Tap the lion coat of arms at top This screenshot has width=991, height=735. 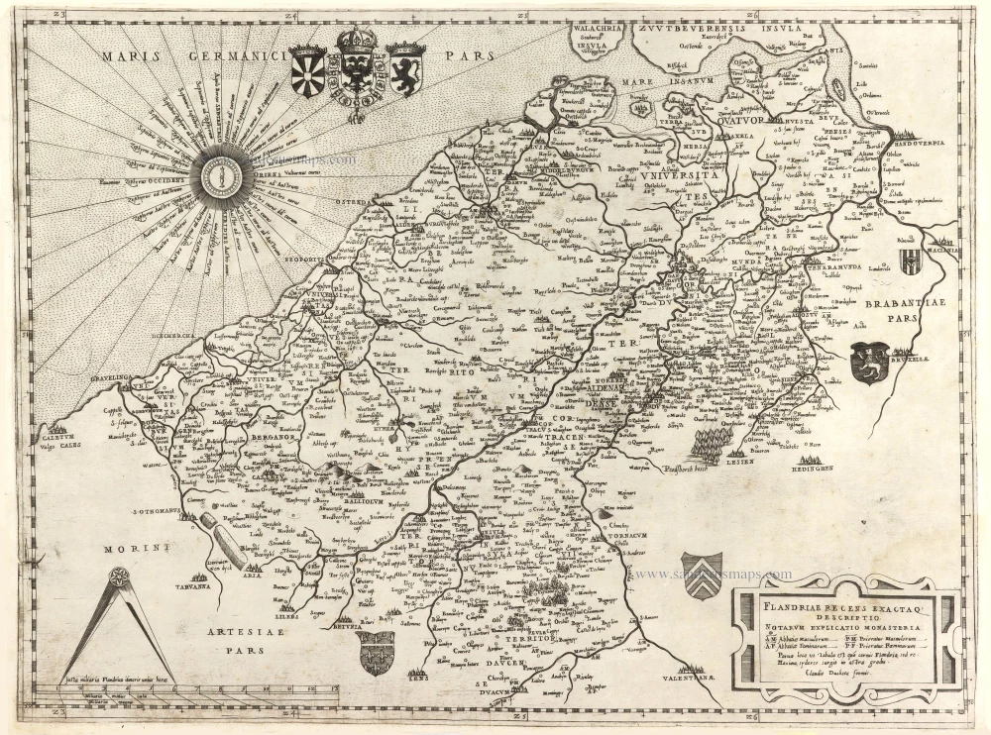(405, 68)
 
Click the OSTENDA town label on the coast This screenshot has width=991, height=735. (367, 202)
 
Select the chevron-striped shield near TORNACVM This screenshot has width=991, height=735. (700, 575)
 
